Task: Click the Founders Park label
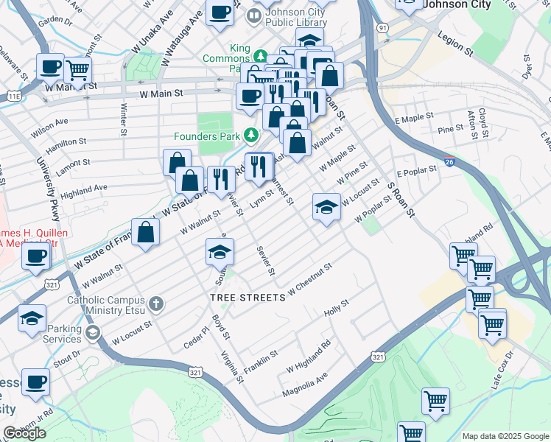207,136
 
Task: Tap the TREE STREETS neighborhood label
247,298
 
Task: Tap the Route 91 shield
382,27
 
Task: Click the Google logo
24,433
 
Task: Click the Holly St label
336,309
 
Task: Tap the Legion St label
455,43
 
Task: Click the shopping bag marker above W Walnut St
147,232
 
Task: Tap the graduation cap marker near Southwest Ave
220,252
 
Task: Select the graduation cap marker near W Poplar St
326,207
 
